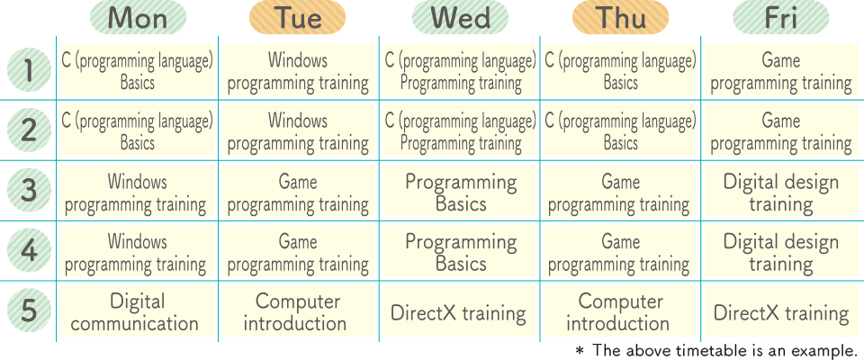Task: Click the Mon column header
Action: click(x=138, y=17)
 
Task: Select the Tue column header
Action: click(x=298, y=17)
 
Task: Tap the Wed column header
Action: click(x=460, y=17)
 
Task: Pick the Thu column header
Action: click(x=620, y=17)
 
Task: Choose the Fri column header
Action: click(x=781, y=17)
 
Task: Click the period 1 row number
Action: click(x=29, y=71)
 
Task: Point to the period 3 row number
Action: click(x=29, y=191)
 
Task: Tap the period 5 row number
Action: click(x=29, y=310)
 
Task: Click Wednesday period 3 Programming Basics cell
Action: click(x=459, y=191)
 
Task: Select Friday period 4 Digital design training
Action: click(x=781, y=251)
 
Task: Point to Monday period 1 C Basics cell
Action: click(x=137, y=71)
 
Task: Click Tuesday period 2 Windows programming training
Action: click(x=298, y=130)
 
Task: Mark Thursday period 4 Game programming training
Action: click(x=620, y=251)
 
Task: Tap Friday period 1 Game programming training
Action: click(x=781, y=71)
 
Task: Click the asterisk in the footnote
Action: click(x=579, y=349)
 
